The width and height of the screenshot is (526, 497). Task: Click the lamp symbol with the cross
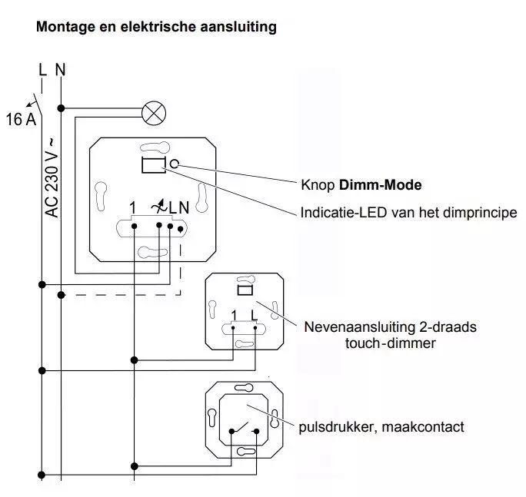point(155,113)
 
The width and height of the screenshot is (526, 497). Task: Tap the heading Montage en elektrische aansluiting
point(156,28)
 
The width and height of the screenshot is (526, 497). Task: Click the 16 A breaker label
point(21,120)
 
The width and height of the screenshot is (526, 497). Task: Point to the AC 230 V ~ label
point(52,178)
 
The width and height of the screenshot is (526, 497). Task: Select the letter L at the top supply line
point(42,71)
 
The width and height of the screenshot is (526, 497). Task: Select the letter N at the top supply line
point(60,71)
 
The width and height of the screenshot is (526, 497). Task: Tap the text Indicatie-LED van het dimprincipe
point(408,212)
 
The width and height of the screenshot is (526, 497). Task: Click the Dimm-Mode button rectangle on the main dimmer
point(152,163)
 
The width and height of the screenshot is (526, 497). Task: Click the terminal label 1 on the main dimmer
point(133,207)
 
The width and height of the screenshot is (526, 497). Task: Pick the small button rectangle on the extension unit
point(244,290)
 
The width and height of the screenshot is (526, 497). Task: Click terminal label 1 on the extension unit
point(234,314)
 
